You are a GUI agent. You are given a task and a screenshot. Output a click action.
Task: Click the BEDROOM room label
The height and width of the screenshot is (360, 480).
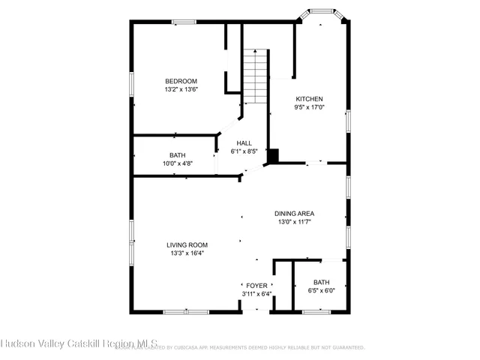[181, 81]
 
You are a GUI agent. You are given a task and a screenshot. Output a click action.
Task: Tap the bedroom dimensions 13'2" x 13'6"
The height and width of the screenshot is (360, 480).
[181, 89]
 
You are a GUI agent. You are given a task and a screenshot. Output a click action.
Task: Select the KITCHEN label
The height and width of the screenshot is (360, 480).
[309, 99]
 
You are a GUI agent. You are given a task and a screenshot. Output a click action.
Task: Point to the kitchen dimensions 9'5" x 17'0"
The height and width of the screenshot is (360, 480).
[309, 107]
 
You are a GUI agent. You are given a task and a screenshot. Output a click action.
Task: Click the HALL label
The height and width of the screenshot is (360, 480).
[244, 143]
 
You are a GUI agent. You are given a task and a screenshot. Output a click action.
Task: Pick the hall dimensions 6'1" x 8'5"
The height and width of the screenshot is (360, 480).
[244, 151]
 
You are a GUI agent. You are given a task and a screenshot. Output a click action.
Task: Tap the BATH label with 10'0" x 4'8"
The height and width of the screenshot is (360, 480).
[177, 155]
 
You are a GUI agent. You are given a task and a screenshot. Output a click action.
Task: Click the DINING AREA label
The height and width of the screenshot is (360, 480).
[293, 214]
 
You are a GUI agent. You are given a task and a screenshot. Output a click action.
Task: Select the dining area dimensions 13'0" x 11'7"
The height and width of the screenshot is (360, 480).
[293, 222]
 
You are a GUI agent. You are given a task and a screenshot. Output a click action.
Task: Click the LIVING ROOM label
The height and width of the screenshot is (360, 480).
[187, 244]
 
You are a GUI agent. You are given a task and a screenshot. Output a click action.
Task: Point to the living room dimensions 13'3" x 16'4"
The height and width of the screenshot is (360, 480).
[187, 253]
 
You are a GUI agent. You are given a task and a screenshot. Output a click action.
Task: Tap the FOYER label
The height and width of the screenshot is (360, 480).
[256, 286]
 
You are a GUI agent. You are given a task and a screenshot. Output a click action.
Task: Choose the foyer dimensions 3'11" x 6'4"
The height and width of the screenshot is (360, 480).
[256, 294]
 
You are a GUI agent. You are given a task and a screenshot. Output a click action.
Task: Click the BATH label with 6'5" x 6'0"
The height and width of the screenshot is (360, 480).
[321, 282]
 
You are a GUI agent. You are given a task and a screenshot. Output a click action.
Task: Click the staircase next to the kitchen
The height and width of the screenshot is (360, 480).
[255, 71]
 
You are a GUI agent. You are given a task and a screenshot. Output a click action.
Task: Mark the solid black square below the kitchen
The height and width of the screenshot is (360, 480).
[274, 155]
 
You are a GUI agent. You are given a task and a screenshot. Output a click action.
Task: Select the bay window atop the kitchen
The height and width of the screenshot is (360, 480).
[322, 12]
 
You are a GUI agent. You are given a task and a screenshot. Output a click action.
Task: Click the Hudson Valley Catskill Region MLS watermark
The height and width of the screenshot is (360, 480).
[79, 344]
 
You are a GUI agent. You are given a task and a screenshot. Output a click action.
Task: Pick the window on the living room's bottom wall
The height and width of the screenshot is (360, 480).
[186, 310]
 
